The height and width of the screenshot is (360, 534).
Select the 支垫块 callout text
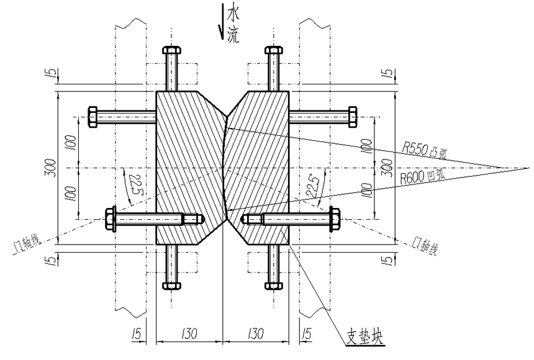(x=365, y=339)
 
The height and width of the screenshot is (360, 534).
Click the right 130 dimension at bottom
(x=256, y=334)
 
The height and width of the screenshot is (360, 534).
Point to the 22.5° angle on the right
(x=314, y=184)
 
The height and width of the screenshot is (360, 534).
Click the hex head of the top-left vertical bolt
(x=171, y=51)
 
